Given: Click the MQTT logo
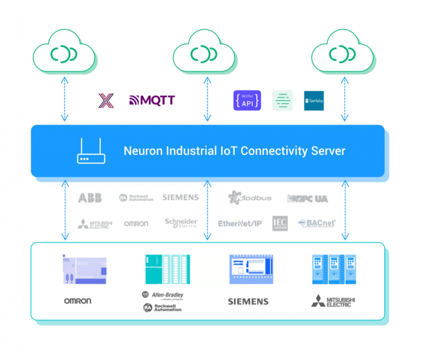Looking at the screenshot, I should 152,100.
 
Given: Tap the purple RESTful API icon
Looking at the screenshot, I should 247,100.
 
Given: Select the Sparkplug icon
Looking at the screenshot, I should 314,100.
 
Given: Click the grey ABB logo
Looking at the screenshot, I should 90,198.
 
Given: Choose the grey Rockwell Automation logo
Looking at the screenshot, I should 136,198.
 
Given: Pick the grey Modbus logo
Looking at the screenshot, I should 250,198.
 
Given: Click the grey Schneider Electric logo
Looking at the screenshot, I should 181,223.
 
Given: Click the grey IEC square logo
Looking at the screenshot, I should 280,223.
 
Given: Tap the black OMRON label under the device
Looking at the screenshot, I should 77,301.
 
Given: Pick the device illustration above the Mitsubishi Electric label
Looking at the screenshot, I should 333,269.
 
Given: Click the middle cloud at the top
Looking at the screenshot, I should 205,53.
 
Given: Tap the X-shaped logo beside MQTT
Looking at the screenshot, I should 106,100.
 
